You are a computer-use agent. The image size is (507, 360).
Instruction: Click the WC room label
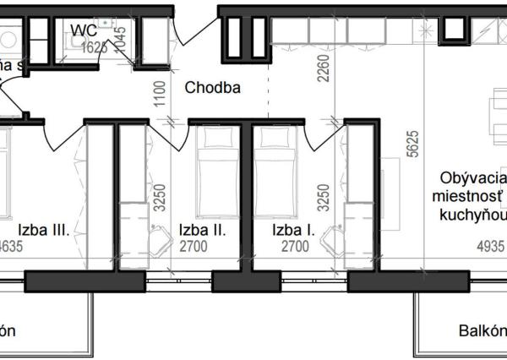83,31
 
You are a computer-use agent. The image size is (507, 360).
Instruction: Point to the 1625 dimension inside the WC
95,48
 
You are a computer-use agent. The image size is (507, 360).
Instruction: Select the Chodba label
213,87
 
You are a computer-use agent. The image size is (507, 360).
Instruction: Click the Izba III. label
42,229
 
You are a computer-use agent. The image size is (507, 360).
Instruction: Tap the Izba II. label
199,229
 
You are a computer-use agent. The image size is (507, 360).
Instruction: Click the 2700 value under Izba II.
199,248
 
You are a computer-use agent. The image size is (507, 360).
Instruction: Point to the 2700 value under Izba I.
293,248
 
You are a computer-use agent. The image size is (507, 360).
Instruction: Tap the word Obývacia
469,179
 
